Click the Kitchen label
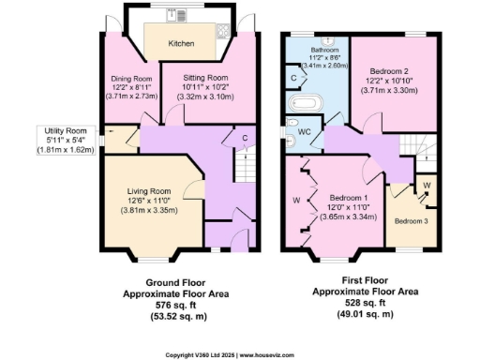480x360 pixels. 181,43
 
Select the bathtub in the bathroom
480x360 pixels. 307,103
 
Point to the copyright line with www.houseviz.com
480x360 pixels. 240,354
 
